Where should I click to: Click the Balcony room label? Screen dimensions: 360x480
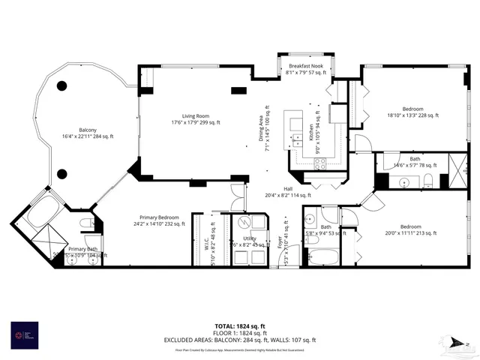(79, 133)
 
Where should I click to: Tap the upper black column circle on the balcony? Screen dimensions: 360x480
(62, 85)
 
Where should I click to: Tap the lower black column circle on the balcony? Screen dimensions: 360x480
(62, 174)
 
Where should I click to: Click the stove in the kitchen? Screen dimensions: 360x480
(320, 165)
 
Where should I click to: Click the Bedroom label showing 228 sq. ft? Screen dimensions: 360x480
(412, 112)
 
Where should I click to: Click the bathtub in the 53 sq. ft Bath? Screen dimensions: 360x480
(323, 256)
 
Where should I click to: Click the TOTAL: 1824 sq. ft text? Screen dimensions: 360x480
(238, 325)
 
